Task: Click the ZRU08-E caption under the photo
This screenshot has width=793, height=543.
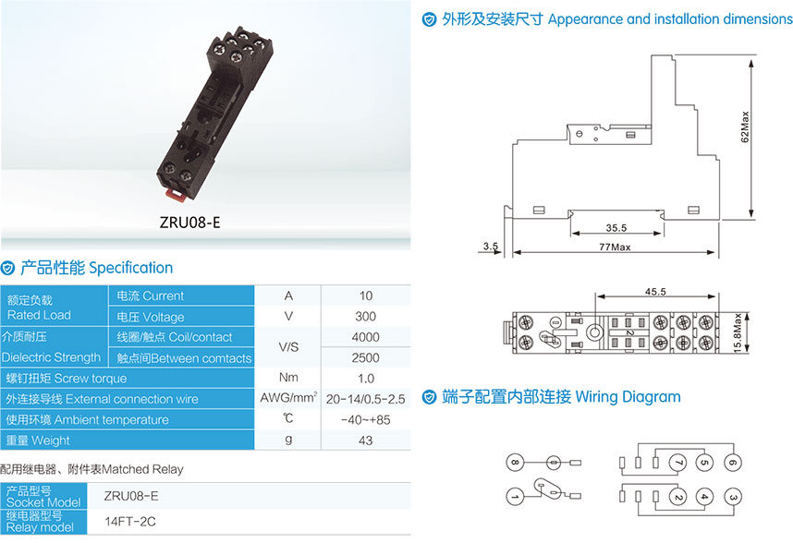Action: pyautogui.click(x=189, y=223)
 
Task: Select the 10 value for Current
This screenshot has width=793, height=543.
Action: pyautogui.click(x=366, y=296)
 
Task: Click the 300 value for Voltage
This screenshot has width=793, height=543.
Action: pyautogui.click(x=366, y=316)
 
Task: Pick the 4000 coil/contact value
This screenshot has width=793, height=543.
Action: pyautogui.click(x=366, y=337)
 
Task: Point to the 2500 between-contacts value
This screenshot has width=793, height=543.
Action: pyautogui.click(x=366, y=357)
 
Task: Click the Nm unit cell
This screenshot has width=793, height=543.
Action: pyautogui.click(x=288, y=378)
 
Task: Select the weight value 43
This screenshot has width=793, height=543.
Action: pyautogui.click(x=366, y=440)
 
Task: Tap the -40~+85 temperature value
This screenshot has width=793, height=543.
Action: pyautogui.click(x=366, y=420)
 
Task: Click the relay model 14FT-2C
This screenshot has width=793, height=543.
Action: pyautogui.click(x=130, y=521)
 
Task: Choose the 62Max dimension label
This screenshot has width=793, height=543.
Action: pyautogui.click(x=745, y=127)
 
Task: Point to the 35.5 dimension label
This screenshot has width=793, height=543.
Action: pyautogui.click(x=616, y=228)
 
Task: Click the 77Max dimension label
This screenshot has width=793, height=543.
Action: pyautogui.click(x=615, y=247)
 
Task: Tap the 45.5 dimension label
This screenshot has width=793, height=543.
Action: pyautogui.click(x=655, y=292)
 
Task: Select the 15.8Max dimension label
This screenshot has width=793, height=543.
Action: pyautogui.click(x=738, y=332)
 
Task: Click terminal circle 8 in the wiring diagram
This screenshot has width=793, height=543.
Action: pyautogui.click(x=515, y=462)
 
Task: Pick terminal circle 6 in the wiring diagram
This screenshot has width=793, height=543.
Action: pyautogui.click(x=733, y=462)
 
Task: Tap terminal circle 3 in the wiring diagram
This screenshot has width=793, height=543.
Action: pyautogui.click(x=733, y=497)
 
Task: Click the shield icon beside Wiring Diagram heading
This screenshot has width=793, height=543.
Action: pyautogui.click(x=429, y=397)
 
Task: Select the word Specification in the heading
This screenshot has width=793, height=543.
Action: pyautogui.click(x=130, y=268)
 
